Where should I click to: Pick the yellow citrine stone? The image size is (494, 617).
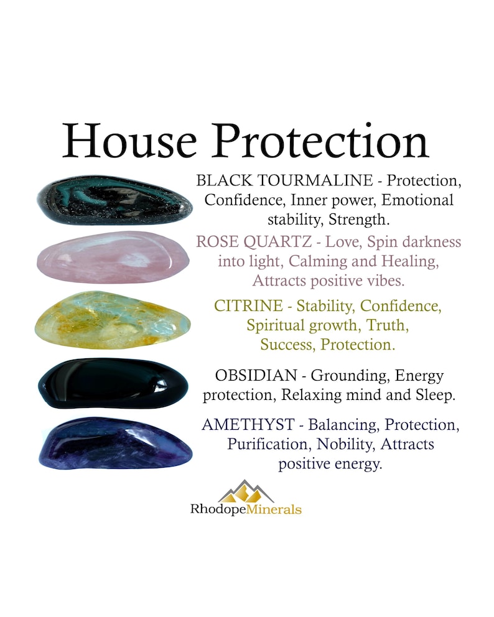[113, 320]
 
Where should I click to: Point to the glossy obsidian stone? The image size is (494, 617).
[113, 383]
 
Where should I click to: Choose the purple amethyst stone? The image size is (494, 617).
[112, 443]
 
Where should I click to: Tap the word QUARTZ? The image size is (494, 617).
[277, 241]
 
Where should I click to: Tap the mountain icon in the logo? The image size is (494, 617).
[246, 491]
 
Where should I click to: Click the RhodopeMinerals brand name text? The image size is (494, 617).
[246, 509]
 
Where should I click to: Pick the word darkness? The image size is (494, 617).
[419, 241]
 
